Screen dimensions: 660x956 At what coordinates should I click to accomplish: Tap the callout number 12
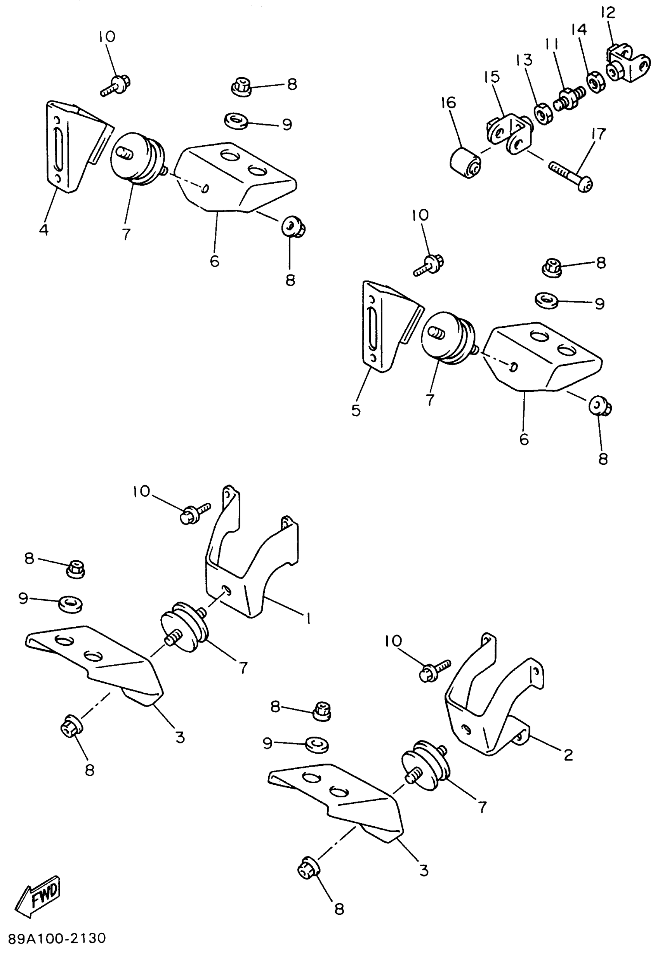pyautogui.click(x=608, y=13)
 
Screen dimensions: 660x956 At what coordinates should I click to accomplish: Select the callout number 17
pyautogui.click(x=598, y=134)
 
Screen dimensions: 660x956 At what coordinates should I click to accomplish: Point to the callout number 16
pyautogui.click(x=448, y=103)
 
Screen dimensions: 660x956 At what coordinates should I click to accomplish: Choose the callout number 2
pyautogui.click(x=569, y=754)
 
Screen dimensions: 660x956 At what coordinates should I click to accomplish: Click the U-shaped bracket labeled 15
pyautogui.click(x=509, y=135)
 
